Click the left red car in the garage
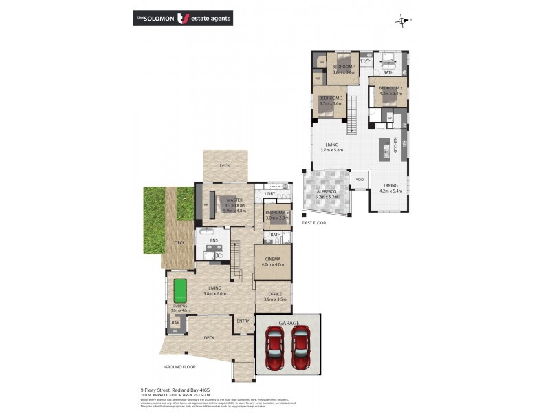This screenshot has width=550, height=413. tap(275, 348)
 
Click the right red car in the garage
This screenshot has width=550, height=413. tap(300, 348)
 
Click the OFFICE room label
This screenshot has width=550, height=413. tap(274, 295)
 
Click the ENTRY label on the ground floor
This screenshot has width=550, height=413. tap(243, 321)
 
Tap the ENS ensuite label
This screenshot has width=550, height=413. tap(214, 240)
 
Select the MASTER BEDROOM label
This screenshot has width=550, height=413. tap(235, 205)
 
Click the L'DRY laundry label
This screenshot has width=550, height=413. tap(270, 194)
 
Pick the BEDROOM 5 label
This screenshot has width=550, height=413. tap(277, 214)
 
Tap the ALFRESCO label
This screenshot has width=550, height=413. tap(327, 193)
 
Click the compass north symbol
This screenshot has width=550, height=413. tap(401, 20)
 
